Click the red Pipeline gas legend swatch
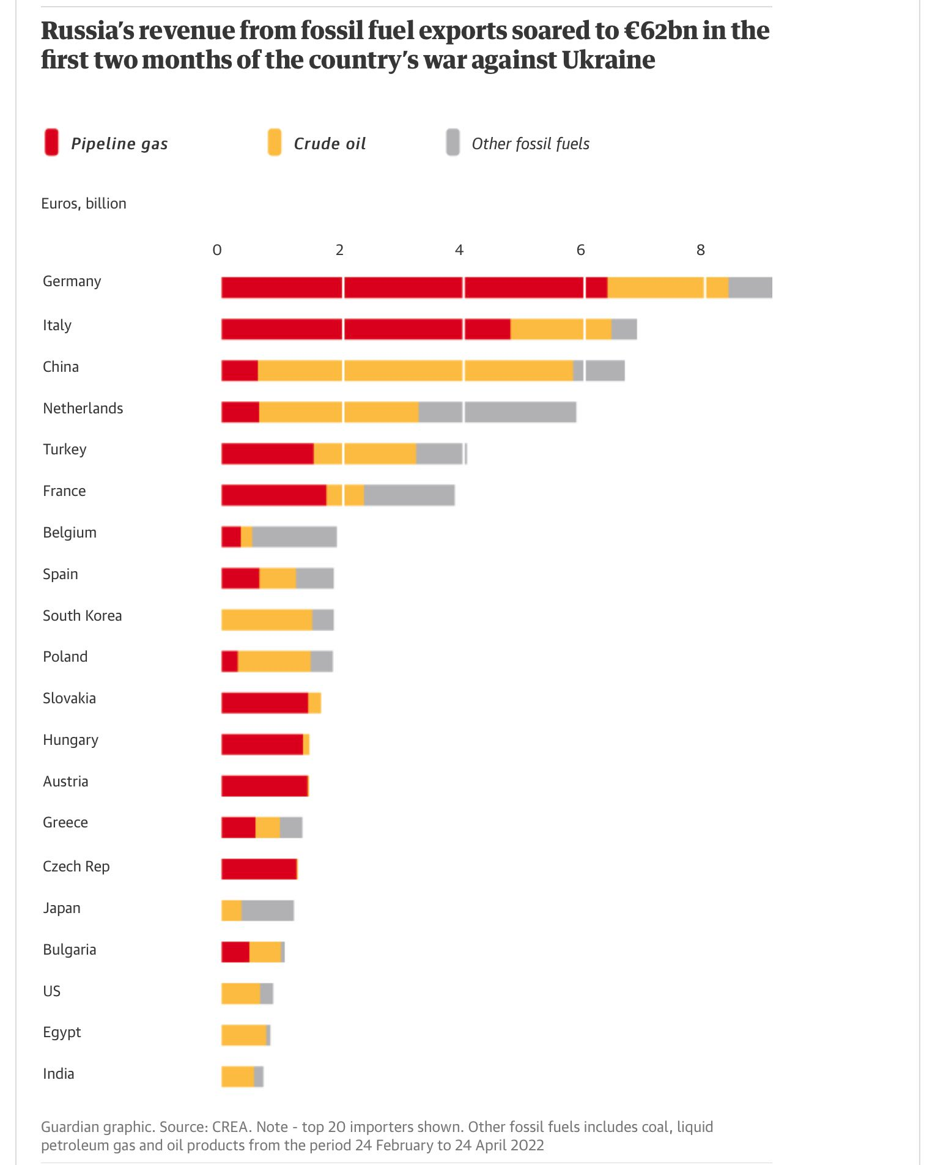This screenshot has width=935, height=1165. [x=51, y=142]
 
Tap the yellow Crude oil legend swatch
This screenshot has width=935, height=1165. [x=275, y=142]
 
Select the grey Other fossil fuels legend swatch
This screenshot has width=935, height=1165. [x=453, y=142]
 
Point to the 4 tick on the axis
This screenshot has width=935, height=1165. [x=459, y=250]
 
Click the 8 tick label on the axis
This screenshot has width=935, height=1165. [x=701, y=250]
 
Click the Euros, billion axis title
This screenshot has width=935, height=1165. [x=84, y=204]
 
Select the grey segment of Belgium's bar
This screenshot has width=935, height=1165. [x=294, y=536]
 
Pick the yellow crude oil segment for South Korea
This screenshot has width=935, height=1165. [x=267, y=619]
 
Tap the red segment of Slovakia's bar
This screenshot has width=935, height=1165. [x=264, y=703]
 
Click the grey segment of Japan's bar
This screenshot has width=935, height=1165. [x=268, y=911]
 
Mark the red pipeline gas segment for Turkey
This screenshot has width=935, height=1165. [x=267, y=454]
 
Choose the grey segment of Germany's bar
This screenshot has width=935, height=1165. [x=750, y=287]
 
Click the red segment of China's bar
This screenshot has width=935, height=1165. [x=239, y=371]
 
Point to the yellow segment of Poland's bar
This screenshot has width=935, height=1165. [x=274, y=661]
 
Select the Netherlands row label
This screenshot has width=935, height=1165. [x=83, y=409]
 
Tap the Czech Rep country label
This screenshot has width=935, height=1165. [x=76, y=867]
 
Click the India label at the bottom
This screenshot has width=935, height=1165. [x=58, y=1074]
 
